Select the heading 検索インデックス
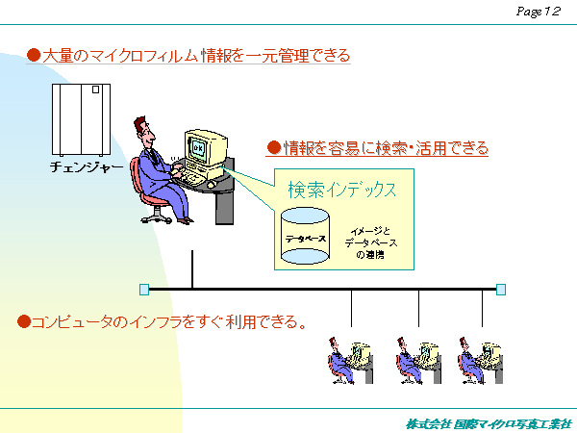(342, 190)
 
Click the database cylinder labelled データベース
(305, 235)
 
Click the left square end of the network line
(144, 289)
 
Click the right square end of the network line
(500, 289)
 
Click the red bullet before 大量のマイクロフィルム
(33, 56)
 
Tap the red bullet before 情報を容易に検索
(273, 148)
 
